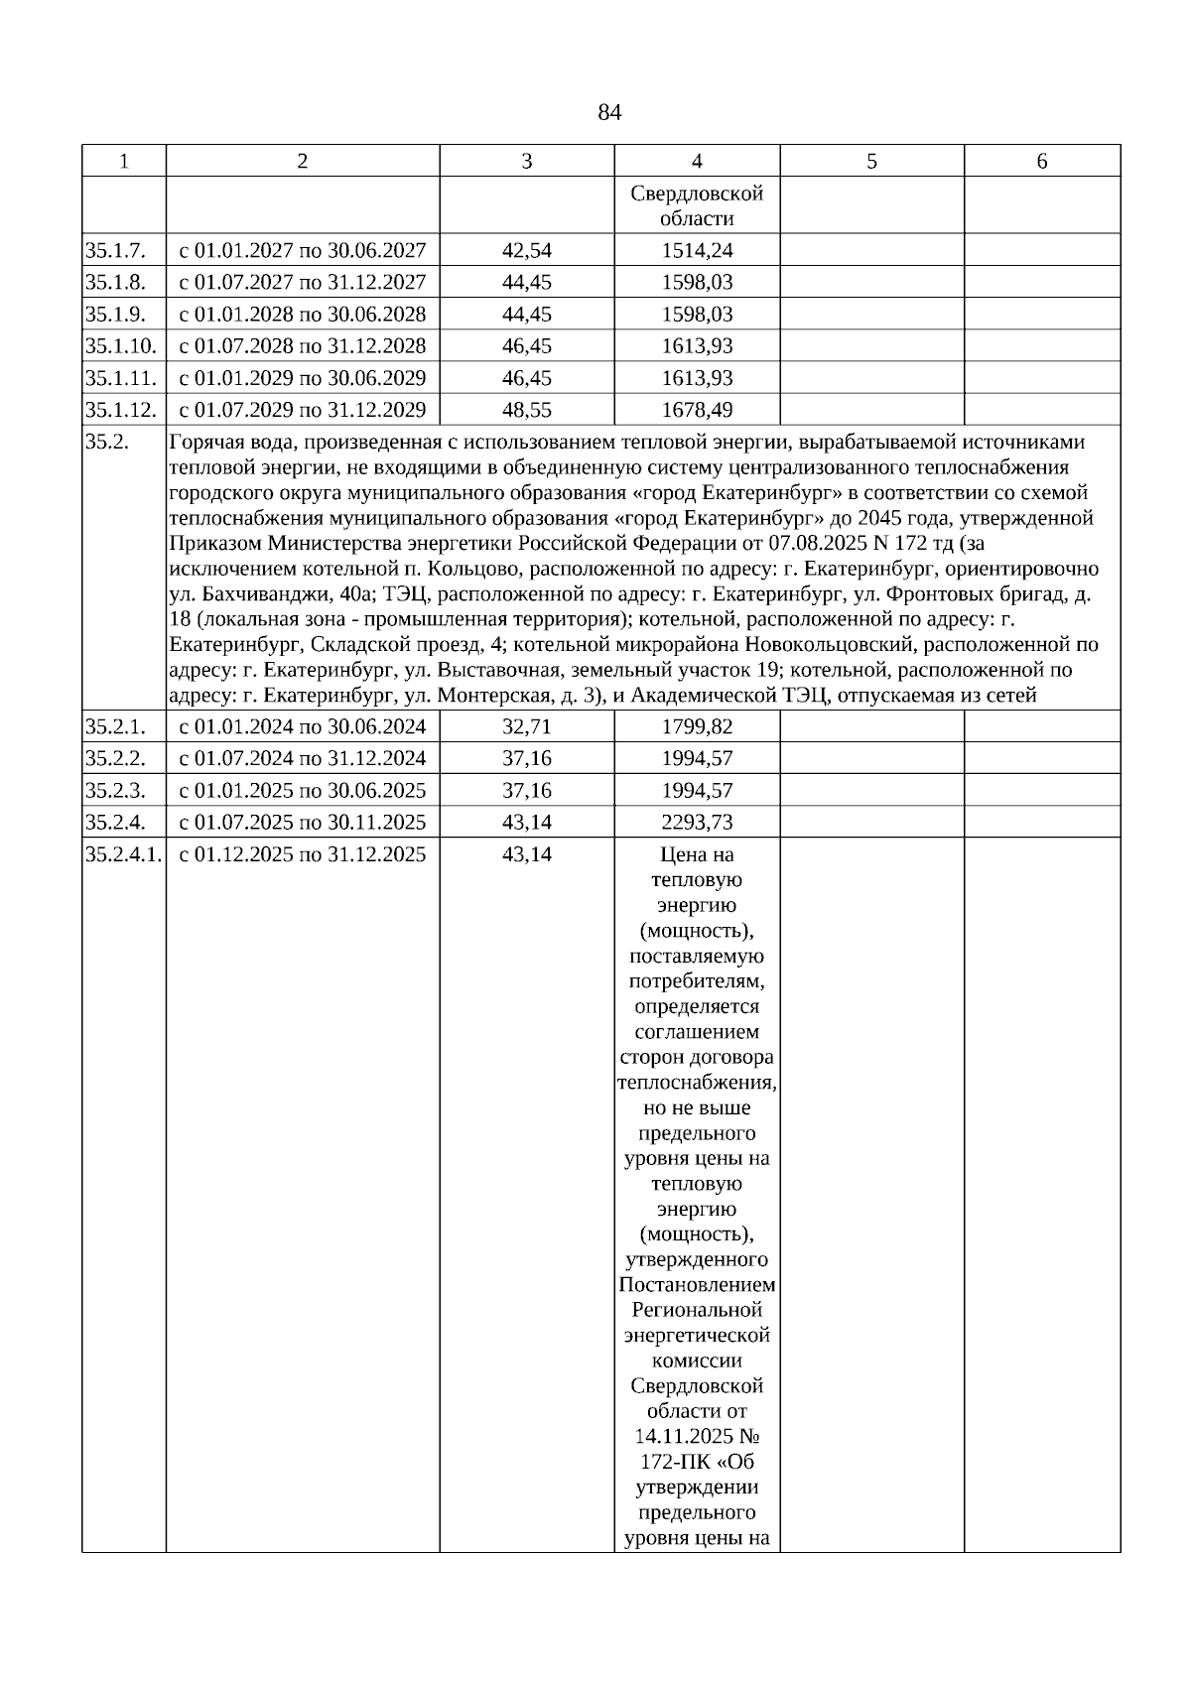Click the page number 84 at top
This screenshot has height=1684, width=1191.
(x=609, y=113)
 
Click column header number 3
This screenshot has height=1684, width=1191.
(x=526, y=162)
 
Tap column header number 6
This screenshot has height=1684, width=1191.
(x=1041, y=162)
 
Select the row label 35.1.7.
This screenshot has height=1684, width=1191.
(x=115, y=250)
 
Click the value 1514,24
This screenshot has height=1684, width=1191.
(x=697, y=250)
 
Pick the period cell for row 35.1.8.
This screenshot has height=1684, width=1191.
(x=302, y=282)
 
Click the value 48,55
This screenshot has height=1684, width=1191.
(x=526, y=410)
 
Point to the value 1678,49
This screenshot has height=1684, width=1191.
(x=697, y=410)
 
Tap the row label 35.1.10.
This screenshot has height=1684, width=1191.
(x=121, y=346)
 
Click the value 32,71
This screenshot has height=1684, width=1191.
(x=526, y=726)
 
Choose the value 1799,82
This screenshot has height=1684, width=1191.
(x=697, y=726)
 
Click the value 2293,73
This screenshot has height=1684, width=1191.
(x=697, y=823)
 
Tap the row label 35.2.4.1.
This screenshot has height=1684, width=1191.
(x=124, y=854)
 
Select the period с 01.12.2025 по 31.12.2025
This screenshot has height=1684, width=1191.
(x=302, y=854)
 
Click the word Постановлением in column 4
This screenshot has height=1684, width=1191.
(x=697, y=1285)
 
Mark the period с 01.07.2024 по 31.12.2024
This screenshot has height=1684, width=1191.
(x=302, y=758)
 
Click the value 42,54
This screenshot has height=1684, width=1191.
(x=526, y=250)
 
